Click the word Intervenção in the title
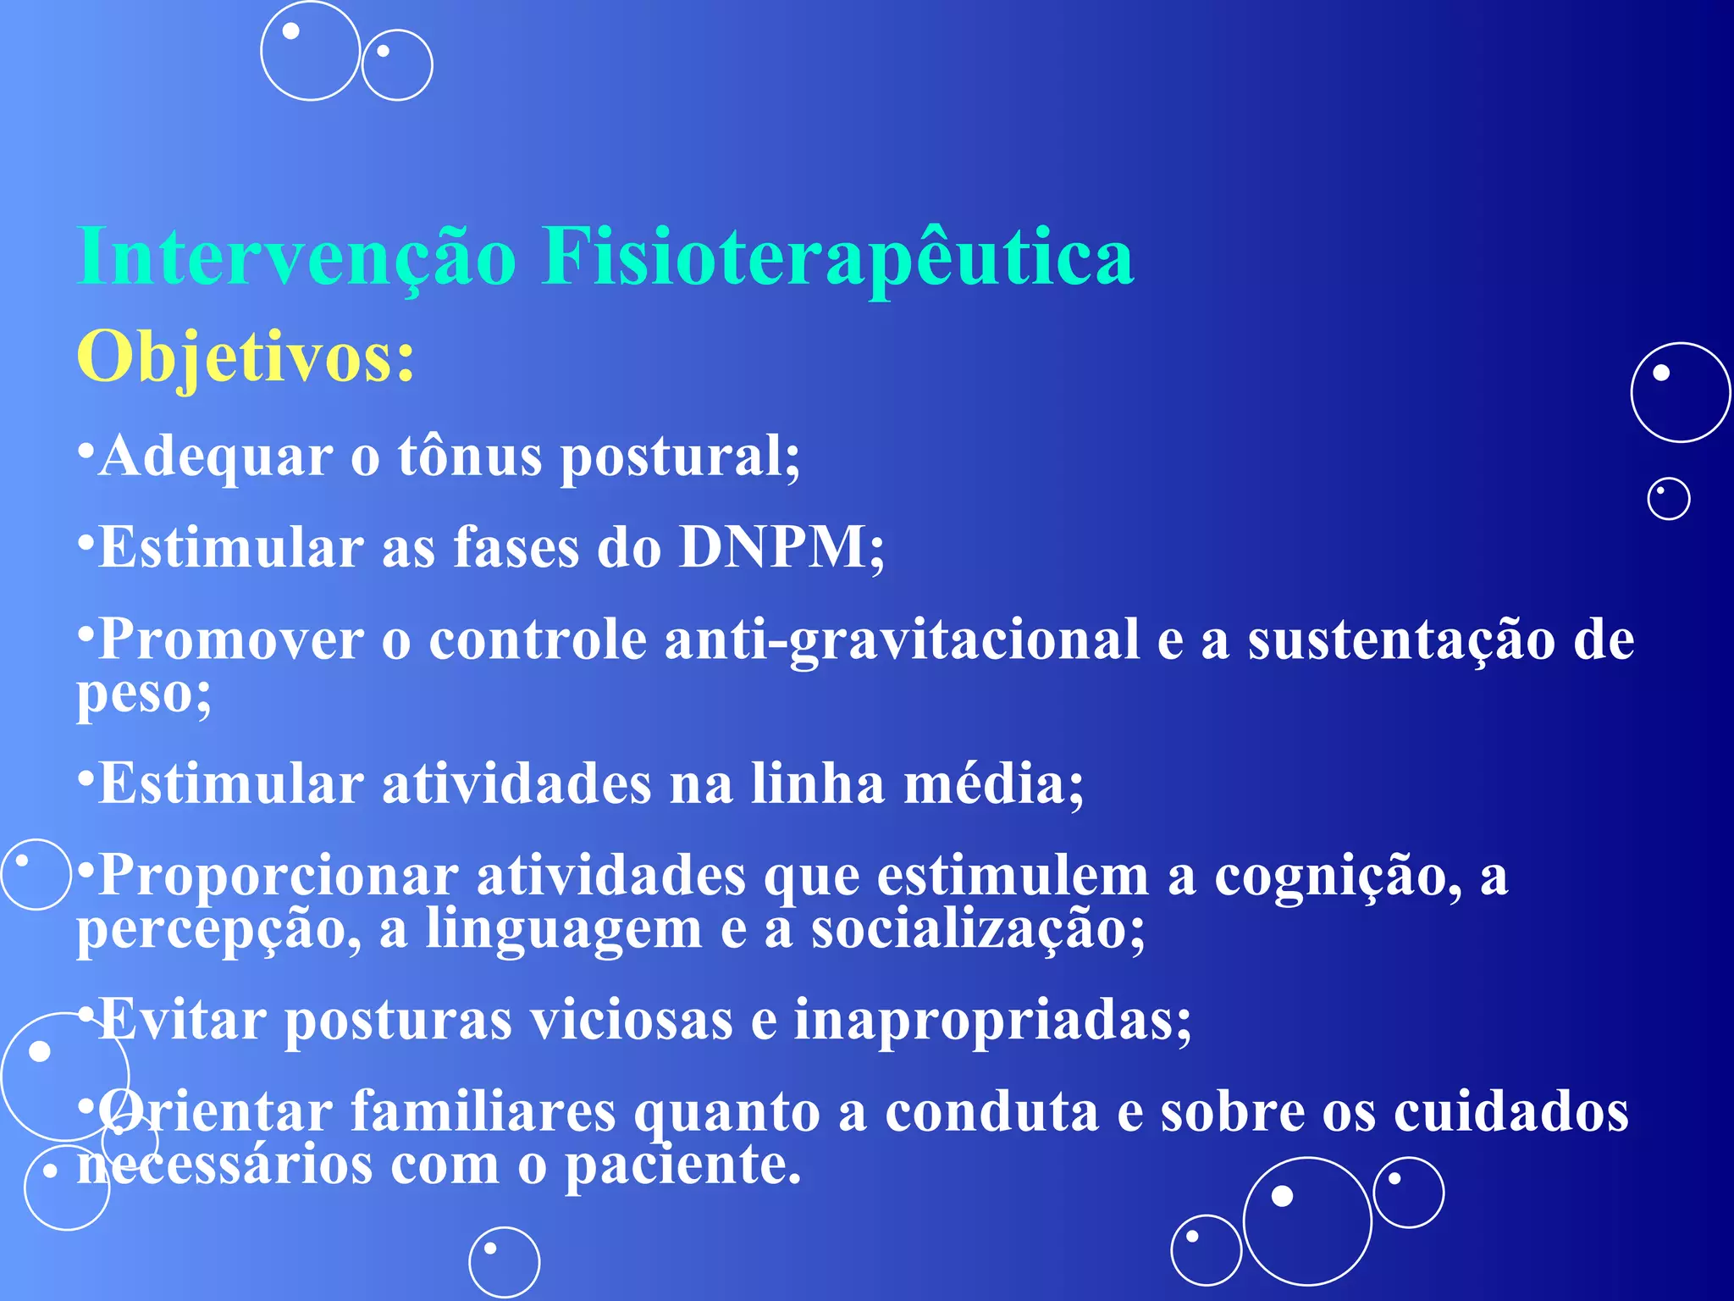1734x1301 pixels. (x=296, y=257)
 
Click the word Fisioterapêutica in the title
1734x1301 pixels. (x=837, y=257)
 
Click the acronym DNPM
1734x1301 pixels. (x=772, y=547)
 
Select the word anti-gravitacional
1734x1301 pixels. (x=902, y=639)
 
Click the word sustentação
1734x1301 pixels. (x=1401, y=639)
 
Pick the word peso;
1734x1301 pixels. (x=144, y=695)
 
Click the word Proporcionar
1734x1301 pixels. (x=279, y=876)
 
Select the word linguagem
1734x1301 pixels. (x=563, y=930)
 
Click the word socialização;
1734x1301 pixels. (x=978, y=930)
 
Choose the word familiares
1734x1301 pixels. (x=483, y=1111)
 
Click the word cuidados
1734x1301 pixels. (x=1511, y=1111)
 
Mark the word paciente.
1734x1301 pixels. (x=682, y=1165)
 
